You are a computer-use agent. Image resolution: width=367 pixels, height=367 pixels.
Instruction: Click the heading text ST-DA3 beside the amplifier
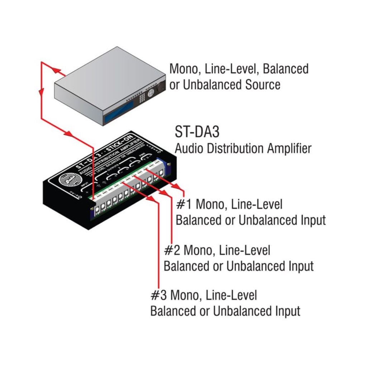pos(197,132)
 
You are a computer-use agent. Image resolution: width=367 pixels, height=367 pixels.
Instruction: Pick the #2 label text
pos(172,250)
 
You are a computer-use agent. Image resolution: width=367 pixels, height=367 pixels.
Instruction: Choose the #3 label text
pos(158,296)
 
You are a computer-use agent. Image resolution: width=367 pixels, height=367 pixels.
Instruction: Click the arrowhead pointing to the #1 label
pos(176,186)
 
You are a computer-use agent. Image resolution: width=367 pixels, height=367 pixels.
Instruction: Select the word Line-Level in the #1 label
pos(257,205)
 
